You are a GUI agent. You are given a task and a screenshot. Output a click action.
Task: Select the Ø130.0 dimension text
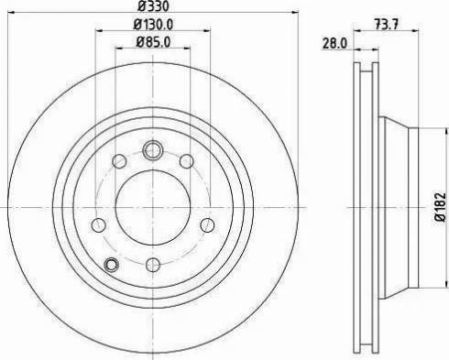pyautogui.click(x=152, y=24)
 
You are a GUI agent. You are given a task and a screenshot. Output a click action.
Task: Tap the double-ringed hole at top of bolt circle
pyautogui.click(x=152, y=148)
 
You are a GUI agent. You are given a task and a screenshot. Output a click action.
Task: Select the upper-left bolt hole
pyautogui.click(x=119, y=162)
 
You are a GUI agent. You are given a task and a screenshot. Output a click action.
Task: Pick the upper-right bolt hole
pyautogui.click(x=185, y=162)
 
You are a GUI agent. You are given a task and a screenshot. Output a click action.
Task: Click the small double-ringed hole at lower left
pyautogui.click(x=112, y=266)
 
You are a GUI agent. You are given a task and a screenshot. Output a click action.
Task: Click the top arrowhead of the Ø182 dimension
pyautogui.click(x=428, y=127)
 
